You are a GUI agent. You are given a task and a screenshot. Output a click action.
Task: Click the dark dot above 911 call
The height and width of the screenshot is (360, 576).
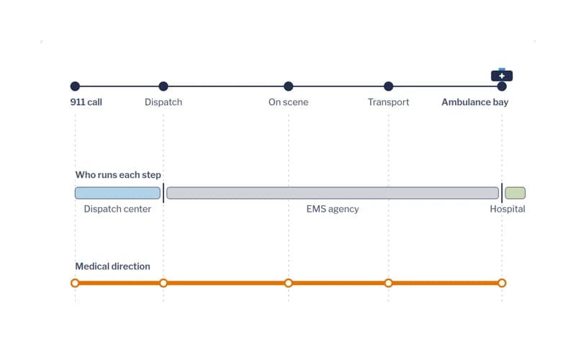(x=75, y=86)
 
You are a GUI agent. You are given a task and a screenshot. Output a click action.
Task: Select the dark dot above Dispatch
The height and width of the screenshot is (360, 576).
(x=163, y=86)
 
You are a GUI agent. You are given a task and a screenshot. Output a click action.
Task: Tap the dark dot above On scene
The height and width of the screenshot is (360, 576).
(x=289, y=86)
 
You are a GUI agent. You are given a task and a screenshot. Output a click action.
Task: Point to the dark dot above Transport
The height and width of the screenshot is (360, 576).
(x=388, y=86)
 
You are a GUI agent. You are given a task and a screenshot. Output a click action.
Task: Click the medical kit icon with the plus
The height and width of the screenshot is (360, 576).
(x=502, y=75)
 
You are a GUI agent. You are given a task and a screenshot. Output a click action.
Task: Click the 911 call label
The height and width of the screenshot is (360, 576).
(x=86, y=102)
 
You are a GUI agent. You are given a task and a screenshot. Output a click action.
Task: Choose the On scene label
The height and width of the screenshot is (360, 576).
(x=289, y=102)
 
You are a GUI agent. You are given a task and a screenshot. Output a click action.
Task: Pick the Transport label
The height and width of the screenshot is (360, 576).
(x=388, y=102)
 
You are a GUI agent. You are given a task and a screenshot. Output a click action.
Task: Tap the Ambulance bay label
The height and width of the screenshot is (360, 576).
(x=475, y=102)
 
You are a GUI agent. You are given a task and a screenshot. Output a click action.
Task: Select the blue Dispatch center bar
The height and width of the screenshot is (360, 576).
(x=117, y=193)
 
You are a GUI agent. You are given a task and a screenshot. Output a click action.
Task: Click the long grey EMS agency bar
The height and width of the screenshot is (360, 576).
(x=333, y=193)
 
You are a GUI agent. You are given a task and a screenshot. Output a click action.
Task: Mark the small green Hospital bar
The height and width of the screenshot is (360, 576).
(x=515, y=193)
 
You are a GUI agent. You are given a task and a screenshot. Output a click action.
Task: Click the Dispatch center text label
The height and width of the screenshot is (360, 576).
(x=117, y=209)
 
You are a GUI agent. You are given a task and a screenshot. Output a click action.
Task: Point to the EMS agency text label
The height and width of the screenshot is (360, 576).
(x=333, y=209)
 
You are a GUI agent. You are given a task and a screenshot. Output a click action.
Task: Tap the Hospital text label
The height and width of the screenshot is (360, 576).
(x=508, y=209)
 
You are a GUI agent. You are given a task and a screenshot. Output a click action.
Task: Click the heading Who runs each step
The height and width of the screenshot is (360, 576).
(x=118, y=175)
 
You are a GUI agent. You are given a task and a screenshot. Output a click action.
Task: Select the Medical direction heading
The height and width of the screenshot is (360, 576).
(x=112, y=266)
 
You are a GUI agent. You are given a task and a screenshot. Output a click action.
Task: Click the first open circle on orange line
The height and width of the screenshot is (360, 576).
(x=75, y=283)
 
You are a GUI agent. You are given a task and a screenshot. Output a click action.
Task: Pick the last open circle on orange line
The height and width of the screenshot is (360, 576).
(x=502, y=283)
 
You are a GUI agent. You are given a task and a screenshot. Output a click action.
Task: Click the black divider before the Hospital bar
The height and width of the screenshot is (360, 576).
(x=502, y=193)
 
